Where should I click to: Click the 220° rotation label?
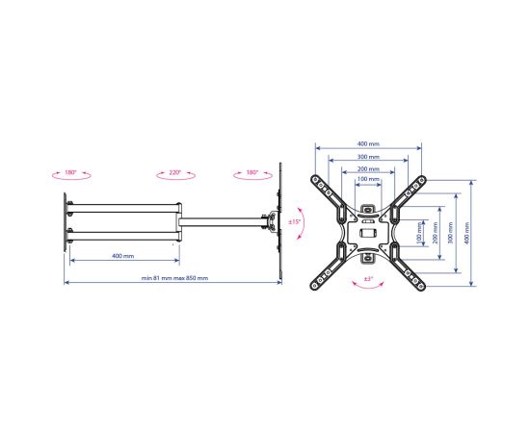click(x=175, y=172)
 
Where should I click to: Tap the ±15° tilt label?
click(x=294, y=222)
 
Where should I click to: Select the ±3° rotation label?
click(x=368, y=279)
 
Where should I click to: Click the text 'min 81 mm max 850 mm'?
click(x=174, y=278)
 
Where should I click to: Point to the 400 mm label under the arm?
click(x=122, y=256)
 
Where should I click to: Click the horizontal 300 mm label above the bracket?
click(x=368, y=157)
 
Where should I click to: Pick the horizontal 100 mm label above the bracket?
click(x=368, y=179)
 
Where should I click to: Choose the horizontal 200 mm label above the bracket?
click(x=368, y=168)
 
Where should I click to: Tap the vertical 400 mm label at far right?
click(x=467, y=233)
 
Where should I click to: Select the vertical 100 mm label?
click(x=420, y=233)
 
